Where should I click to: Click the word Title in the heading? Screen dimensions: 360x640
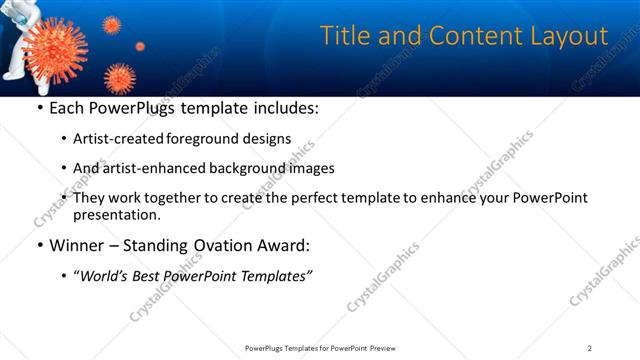point(343,36)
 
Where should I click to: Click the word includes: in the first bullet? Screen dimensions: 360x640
point(282,107)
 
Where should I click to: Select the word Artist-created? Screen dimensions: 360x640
point(125,139)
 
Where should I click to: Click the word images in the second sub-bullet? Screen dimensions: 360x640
point(310,168)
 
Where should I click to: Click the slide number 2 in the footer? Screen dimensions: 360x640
point(590,347)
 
